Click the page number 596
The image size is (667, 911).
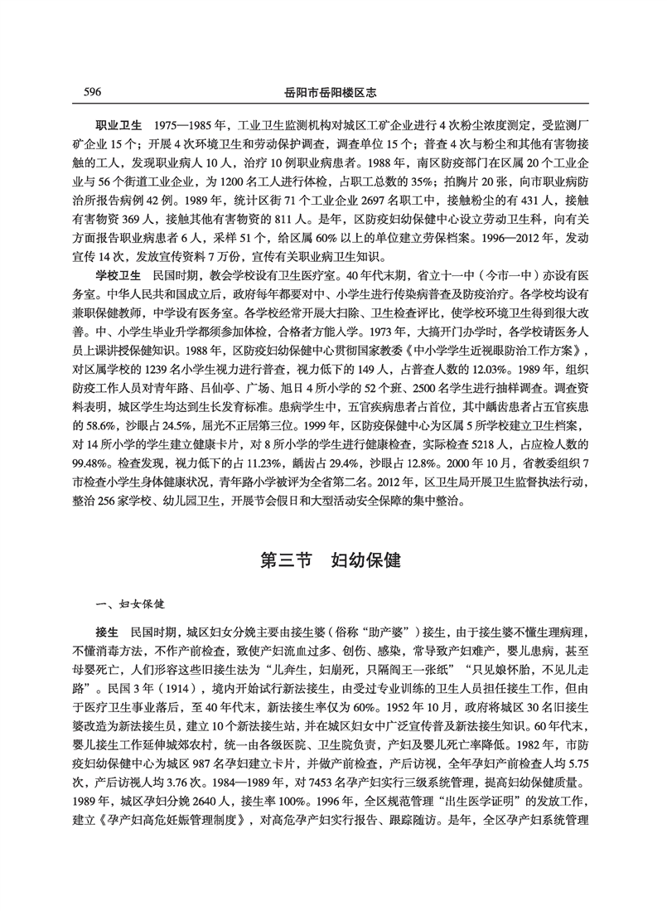pos(93,90)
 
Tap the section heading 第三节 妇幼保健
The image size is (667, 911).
pos(331,560)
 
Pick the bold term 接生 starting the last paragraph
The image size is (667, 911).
pos(108,631)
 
